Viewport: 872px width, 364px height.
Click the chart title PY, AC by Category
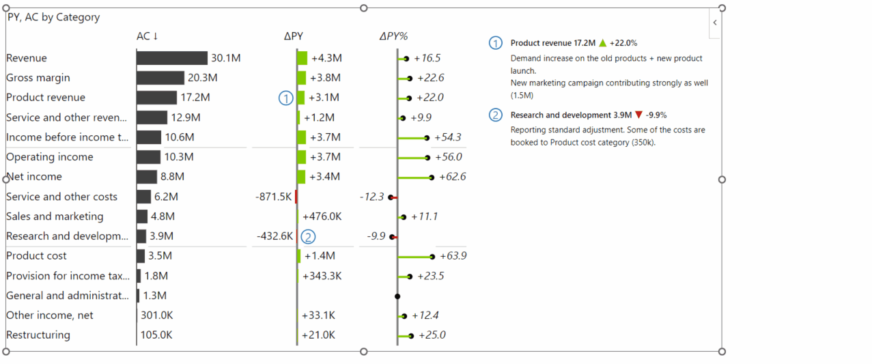click(x=54, y=18)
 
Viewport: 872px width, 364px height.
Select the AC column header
click(x=147, y=36)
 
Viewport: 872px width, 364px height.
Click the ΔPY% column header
click(x=393, y=36)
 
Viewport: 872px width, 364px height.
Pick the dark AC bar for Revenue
click(x=172, y=58)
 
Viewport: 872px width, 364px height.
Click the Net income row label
click(x=34, y=177)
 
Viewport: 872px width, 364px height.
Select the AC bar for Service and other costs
click(x=143, y=197)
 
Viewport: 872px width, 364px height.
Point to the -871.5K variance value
click(x=274, y=197)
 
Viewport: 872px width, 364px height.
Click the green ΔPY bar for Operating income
click(x=302, y=157)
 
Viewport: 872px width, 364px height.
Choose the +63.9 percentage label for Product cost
click(x=453, y=256)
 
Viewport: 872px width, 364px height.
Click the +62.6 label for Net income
click(x=453, y=177)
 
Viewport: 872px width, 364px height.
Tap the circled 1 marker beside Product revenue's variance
click(x=285, y=98)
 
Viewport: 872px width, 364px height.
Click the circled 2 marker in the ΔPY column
click(x=309, y=236)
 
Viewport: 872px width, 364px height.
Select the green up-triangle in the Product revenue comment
click(x=602, y=43)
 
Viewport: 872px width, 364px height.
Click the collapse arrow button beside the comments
click(x=715, y=23)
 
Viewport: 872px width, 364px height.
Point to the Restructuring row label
click(x=38, y=335)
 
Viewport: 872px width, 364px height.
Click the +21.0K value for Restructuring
click(x=318, y=335)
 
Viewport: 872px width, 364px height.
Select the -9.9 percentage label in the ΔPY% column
click(x=376, y=236)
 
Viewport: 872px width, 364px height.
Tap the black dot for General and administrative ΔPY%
click(x=397, y=296)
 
